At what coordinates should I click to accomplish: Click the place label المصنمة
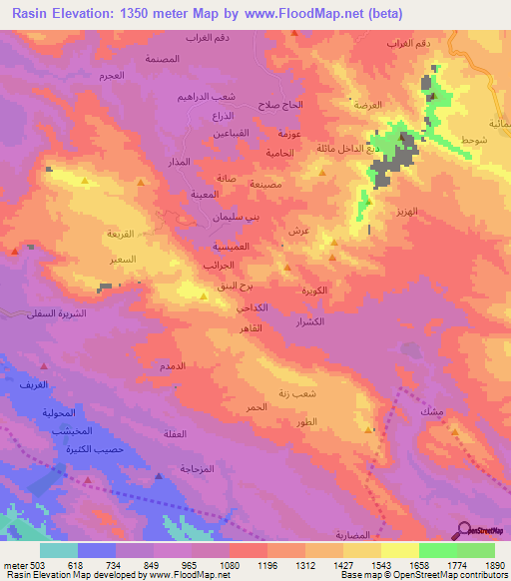click(162, 59)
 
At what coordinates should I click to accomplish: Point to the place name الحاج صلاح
click(281, 104)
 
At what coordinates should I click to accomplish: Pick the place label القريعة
click(120, 235)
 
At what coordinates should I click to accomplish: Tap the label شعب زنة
click(297, 393)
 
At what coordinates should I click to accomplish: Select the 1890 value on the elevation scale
click(494, 564)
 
